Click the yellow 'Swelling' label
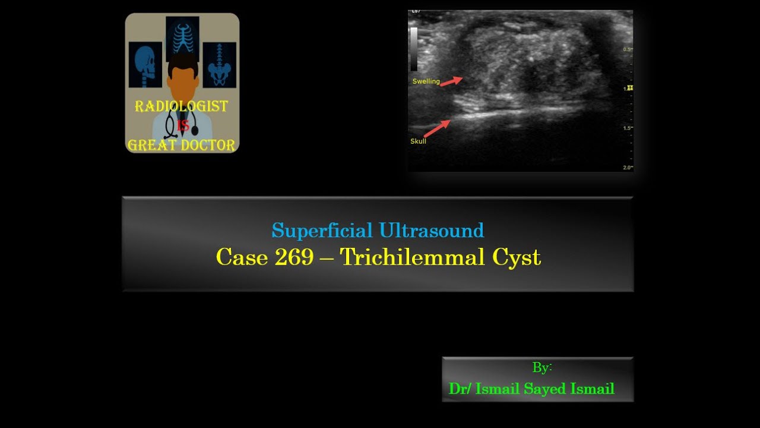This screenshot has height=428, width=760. click(x=426, y=81)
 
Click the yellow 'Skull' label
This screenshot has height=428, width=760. click(x=418, y=141)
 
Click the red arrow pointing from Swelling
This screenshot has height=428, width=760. click(x=451, y=81)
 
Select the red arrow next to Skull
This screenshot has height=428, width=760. click(x=437, y=128)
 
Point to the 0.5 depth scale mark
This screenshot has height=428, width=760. click(x=627, y=49)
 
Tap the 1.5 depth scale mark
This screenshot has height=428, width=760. click(x=627, y=128)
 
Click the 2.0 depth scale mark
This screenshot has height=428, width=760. click(x=627, y=168)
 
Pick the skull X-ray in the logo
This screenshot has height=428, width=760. click(x=145, y=65)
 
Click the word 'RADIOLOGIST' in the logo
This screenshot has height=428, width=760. click(x=181, y=107)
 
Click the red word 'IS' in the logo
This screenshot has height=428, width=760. click(x=182, y=126)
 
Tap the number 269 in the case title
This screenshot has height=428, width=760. click(x=294, y=257)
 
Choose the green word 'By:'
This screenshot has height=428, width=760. click(x=542, y=367)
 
